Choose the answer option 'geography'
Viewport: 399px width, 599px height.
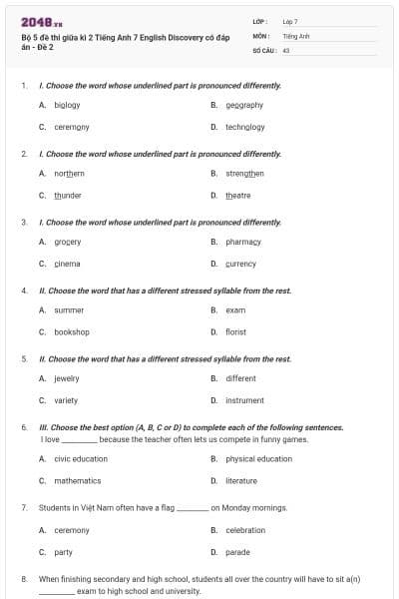click(243, 105)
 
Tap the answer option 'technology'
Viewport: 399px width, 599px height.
click(244, 127)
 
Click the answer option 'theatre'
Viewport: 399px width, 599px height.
click(237, 196)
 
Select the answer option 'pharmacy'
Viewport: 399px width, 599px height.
click(242, 242)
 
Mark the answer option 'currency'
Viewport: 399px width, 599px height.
click(240, 264)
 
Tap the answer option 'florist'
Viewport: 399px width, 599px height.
click(235, 332)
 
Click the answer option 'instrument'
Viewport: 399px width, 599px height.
click(244, 400)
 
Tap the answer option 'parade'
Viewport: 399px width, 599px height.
click(237, 552)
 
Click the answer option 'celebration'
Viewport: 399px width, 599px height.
click(244, 530)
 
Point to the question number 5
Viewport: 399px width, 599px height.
click(24, 358)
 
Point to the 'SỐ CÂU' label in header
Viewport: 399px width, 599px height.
click(262, 49)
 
